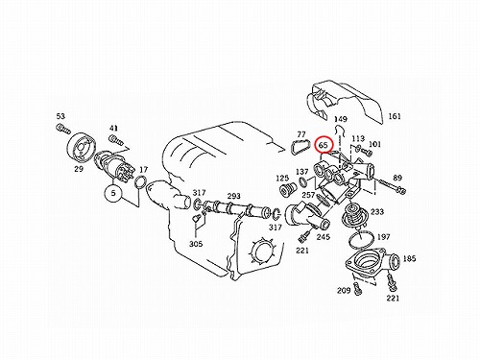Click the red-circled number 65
click(324, 145)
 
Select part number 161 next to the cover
click(395, 116)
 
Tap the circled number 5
click(113, 193)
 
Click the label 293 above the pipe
click(234, 196)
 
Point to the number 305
click(196, 244)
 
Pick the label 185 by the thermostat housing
click(409, 258)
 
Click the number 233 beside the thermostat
click(377, 211)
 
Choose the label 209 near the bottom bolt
click(344, 290)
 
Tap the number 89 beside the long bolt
click(397, 178)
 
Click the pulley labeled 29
click(82, 147)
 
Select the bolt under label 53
click(63, 129)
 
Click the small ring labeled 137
click(302, 182)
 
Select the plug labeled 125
click(285, 190)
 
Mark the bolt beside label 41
click(115, 140)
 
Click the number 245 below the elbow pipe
click(324, 237)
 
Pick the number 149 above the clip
click(341, 119)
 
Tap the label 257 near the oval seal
click(308, 194)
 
